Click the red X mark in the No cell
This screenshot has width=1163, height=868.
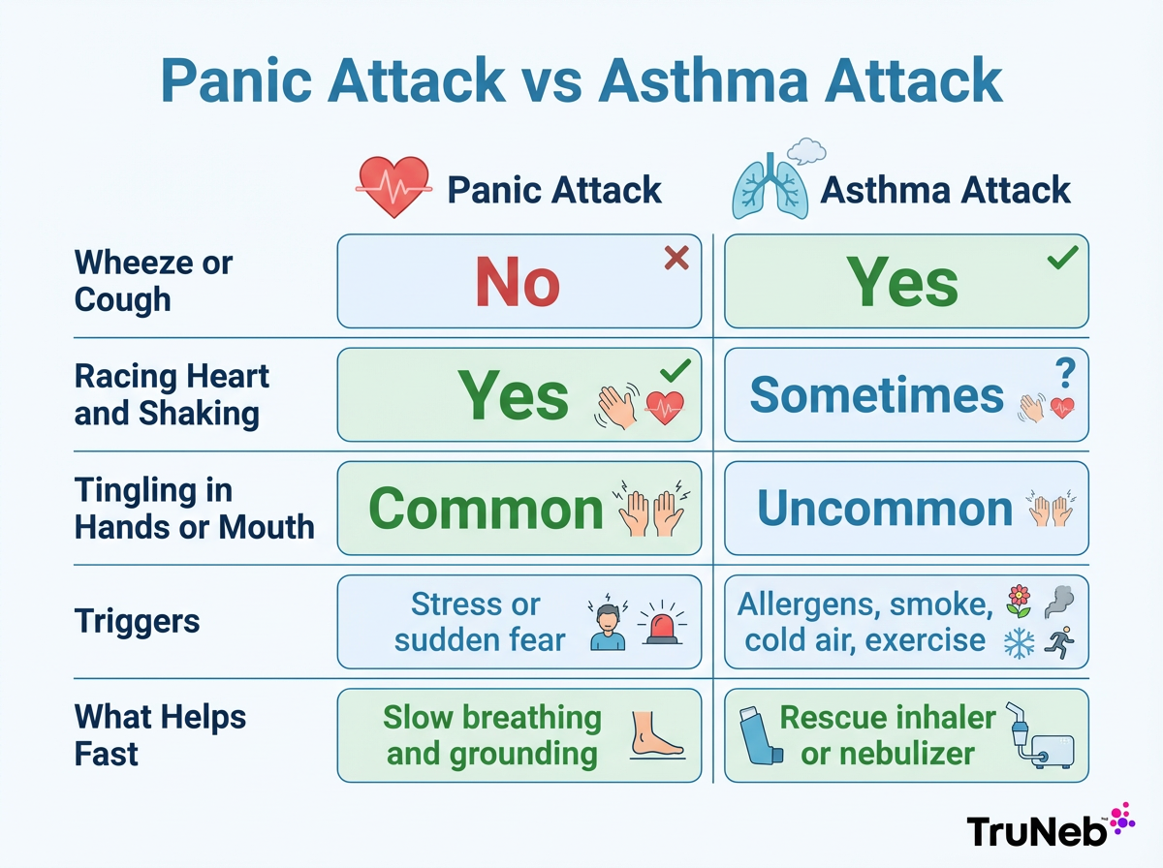pyautogui.click(x=676, y=258)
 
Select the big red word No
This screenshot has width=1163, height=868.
pyautogui.click(x=518, y=283)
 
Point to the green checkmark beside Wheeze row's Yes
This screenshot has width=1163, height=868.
pyautogui.click(x=1062, y=258)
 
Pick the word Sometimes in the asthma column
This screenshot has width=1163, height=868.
pyautogui.click(x=876, y=395)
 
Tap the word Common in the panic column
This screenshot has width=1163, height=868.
pyautogui.click(x=486, y=509)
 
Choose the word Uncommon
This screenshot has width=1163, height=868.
pyautogui.click(x=885, y=509)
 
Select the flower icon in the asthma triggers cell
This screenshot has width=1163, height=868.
pyautogui.click(x=1018, y=600)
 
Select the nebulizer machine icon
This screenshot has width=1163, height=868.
pyautogui.click(x=1038, y=736)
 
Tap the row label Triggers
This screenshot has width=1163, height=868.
pyautogui.click(x=137, y=621)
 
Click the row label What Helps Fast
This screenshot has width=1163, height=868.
pyautogui.click(x=160, y=735)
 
